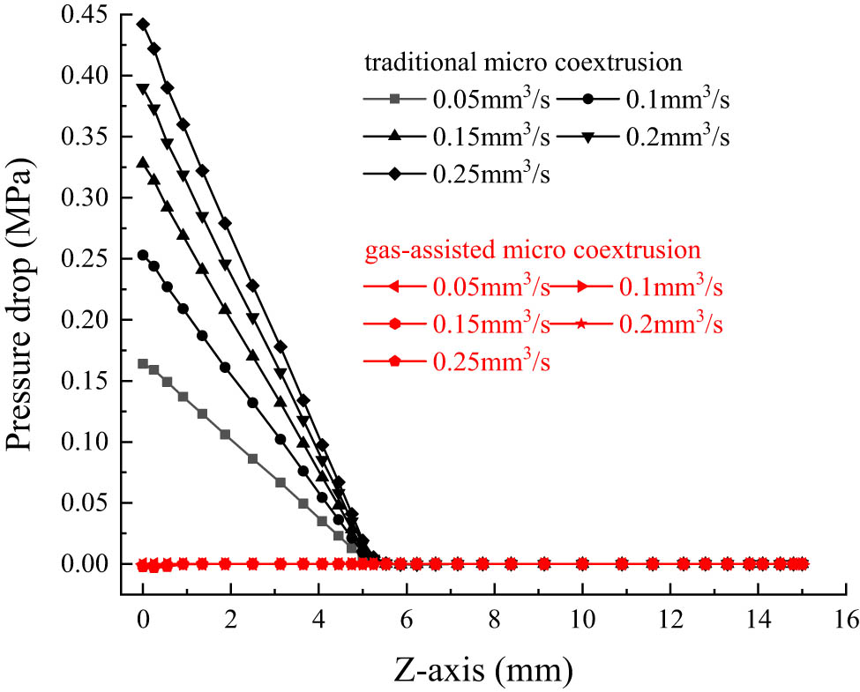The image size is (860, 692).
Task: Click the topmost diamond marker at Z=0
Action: click(143, 24)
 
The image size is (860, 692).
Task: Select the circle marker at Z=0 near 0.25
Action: click(143, 255)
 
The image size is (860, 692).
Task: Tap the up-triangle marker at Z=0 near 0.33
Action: click(143, 162)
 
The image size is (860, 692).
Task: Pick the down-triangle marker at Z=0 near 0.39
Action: click(143, 88)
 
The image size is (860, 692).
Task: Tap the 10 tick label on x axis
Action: click(582, 621)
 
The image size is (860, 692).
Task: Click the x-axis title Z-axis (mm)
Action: click(482, 670)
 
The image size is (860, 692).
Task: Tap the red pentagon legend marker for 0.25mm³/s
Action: click(395, 362)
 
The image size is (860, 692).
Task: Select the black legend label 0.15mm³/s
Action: click(490, 138)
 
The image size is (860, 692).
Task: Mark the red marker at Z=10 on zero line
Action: click(582, 563)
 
